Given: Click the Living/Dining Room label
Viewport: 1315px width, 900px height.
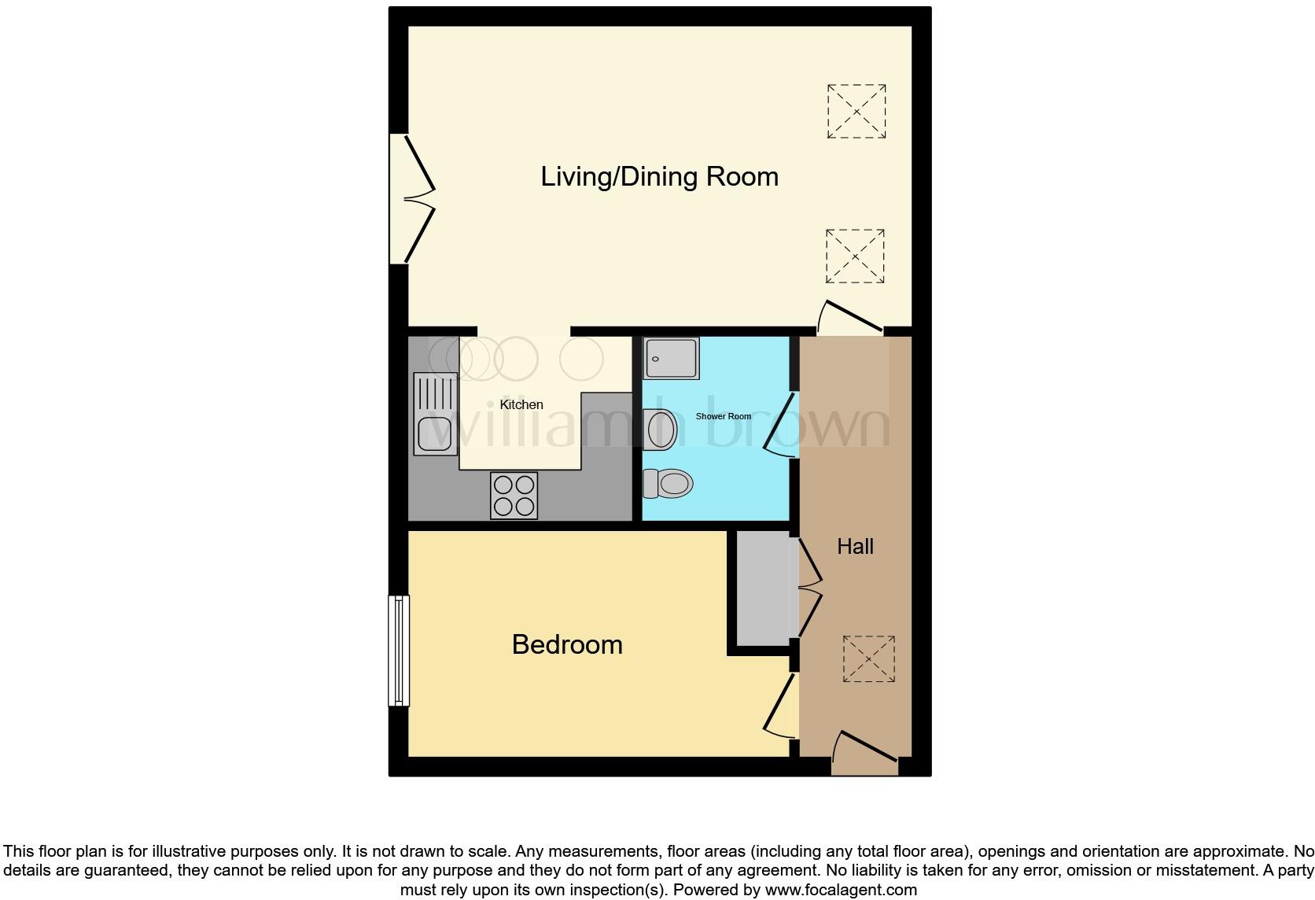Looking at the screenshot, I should coord(659,176).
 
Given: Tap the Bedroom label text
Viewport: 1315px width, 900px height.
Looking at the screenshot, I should coord(567,644).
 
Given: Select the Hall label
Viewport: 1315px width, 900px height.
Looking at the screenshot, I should coord(855,546).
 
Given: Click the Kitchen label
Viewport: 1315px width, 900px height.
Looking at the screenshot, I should coord(521,404).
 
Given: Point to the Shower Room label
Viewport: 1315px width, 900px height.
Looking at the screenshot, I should coord(723,416).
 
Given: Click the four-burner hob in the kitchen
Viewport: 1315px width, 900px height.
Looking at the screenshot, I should coord(514,495).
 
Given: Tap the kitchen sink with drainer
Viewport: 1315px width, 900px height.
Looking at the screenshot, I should coord(435,414).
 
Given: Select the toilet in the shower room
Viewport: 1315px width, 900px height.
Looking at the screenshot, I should coord(669,483).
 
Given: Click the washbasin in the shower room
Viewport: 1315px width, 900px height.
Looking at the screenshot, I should coord(659,430).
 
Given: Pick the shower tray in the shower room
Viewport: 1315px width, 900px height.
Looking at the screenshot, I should coord(670,358).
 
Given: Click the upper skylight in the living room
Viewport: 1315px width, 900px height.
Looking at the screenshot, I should coord(856,111).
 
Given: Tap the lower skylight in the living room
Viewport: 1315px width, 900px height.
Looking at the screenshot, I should coord(855,256).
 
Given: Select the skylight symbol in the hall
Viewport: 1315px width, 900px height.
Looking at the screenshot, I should coord(869,658).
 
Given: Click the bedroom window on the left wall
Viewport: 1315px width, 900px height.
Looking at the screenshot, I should coord(400,650).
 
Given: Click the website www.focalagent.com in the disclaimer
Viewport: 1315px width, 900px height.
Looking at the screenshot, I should coord(841,890).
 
